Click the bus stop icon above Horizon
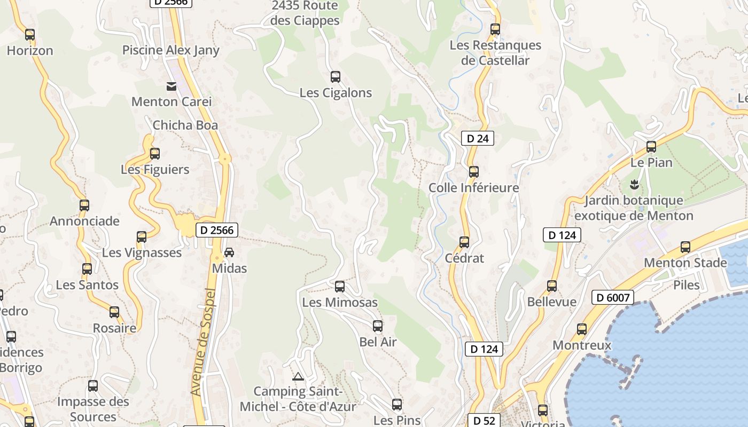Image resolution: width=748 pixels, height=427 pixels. pos(30,35)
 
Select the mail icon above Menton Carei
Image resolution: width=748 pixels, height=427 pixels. pos(172,86)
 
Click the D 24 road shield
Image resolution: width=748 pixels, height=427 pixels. pos(477,139)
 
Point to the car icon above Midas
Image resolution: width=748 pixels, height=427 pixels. pos(229,252)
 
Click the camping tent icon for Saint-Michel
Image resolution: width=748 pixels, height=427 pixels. pos(298,376)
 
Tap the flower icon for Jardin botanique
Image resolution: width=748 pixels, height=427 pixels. pos(634,185)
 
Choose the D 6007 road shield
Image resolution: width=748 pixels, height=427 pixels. pos(612,297)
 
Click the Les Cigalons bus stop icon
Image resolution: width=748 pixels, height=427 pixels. pos(336,77)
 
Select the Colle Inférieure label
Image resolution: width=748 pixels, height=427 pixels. pos(473,188)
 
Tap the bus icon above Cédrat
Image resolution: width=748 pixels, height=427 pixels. pos(464,242)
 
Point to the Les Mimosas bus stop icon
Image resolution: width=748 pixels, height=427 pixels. pos(340,287)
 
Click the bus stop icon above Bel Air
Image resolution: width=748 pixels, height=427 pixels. pos(378,326)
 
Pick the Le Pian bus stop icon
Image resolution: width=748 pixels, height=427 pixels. pos(651,147)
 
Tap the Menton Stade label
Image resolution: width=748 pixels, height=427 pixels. pos(685,263)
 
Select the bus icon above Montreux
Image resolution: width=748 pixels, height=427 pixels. pos(582,329)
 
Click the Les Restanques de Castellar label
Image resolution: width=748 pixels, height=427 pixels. pos(495,53)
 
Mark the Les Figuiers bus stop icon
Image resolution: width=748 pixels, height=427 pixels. pos(155,154)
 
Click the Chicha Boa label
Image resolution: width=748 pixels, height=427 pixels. pos(185,125)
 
